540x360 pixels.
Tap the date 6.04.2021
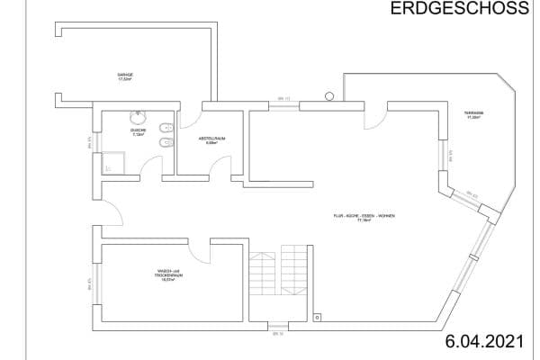[x=482, y=341]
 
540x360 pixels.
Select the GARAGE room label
[x=125, y=77]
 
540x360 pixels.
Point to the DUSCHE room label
[x=138, y=131]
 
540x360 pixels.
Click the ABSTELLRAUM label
[x=211, y=140]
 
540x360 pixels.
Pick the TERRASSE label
[x=474, y=115]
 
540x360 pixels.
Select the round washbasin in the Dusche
[x=139, y=117]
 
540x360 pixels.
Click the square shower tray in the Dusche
[x=112, y=161]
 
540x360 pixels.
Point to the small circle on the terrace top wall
[x=331, y=94]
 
